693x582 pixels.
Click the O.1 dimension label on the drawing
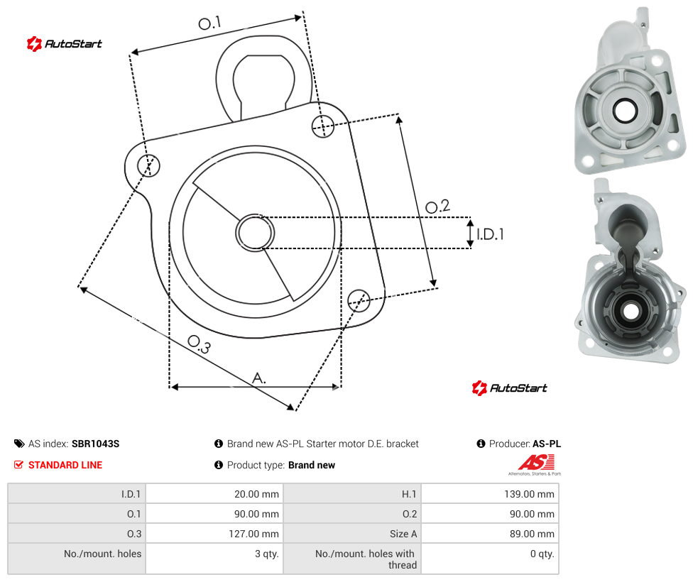pos(209,23)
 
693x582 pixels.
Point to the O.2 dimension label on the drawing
pos(437,206)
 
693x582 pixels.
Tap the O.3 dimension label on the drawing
pos(200,344)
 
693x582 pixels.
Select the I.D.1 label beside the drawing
pos(490,234)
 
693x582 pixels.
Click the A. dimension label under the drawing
pos(259,378)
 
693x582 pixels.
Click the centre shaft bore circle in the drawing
pos(255,233)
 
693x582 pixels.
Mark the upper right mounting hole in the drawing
pos(323,126)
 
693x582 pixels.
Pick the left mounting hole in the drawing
pos(148,165)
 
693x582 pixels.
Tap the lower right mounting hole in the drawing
pos(359,300)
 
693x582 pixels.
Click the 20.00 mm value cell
pos(256,494)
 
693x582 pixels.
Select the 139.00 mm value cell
pos(529,494)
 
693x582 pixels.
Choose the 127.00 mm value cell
pos(253,534)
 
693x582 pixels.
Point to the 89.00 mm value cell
pos(532,534)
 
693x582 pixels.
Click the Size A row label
pos(403,534)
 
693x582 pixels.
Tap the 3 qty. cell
pos(266,554)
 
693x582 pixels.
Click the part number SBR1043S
pos(95,444)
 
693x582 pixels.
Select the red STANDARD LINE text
pos(65,465)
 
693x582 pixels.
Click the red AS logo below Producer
pos(535,463)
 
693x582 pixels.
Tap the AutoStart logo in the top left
pos(64,44)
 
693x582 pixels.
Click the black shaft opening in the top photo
pos(625,111)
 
